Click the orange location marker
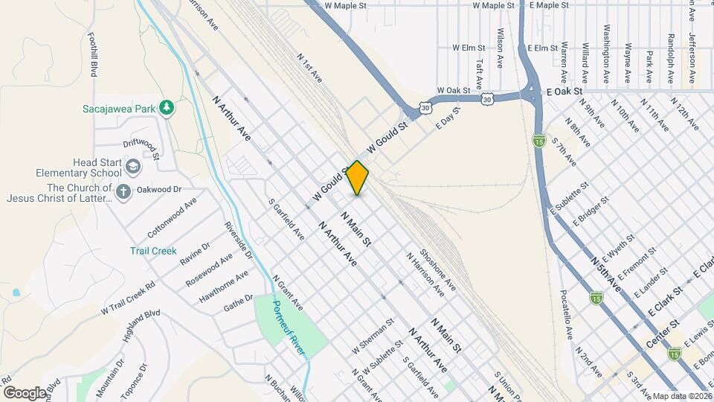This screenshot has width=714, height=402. [x=358, y=178]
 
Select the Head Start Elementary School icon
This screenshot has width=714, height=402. [x=133, y=165]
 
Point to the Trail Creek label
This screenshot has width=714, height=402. [x=153, y=251]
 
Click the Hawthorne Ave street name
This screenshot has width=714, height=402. [x=224, y=287]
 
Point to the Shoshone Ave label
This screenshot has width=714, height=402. [x=437, y=269]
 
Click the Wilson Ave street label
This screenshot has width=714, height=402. [x=501, y=47]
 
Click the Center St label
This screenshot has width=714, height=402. [x=664, y=325]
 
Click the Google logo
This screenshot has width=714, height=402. [x=25, y=392]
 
